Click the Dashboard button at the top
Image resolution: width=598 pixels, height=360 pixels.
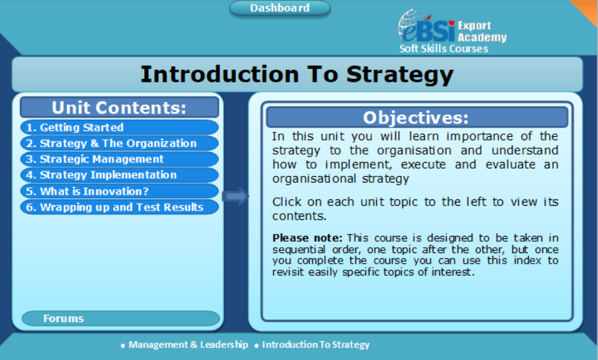[x=280, y=9]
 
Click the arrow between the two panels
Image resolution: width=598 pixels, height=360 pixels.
[x=235, y=196]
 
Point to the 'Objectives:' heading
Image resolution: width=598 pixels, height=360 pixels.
[x=416, y=118]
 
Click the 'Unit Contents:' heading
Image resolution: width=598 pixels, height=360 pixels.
[x=119, y=108]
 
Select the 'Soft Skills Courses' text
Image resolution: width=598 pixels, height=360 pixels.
[x=443, y=49]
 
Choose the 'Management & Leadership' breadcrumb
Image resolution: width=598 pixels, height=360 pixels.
[x=188, y=345]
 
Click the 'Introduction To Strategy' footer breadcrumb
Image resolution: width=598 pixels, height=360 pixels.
[x=316, y=345]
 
